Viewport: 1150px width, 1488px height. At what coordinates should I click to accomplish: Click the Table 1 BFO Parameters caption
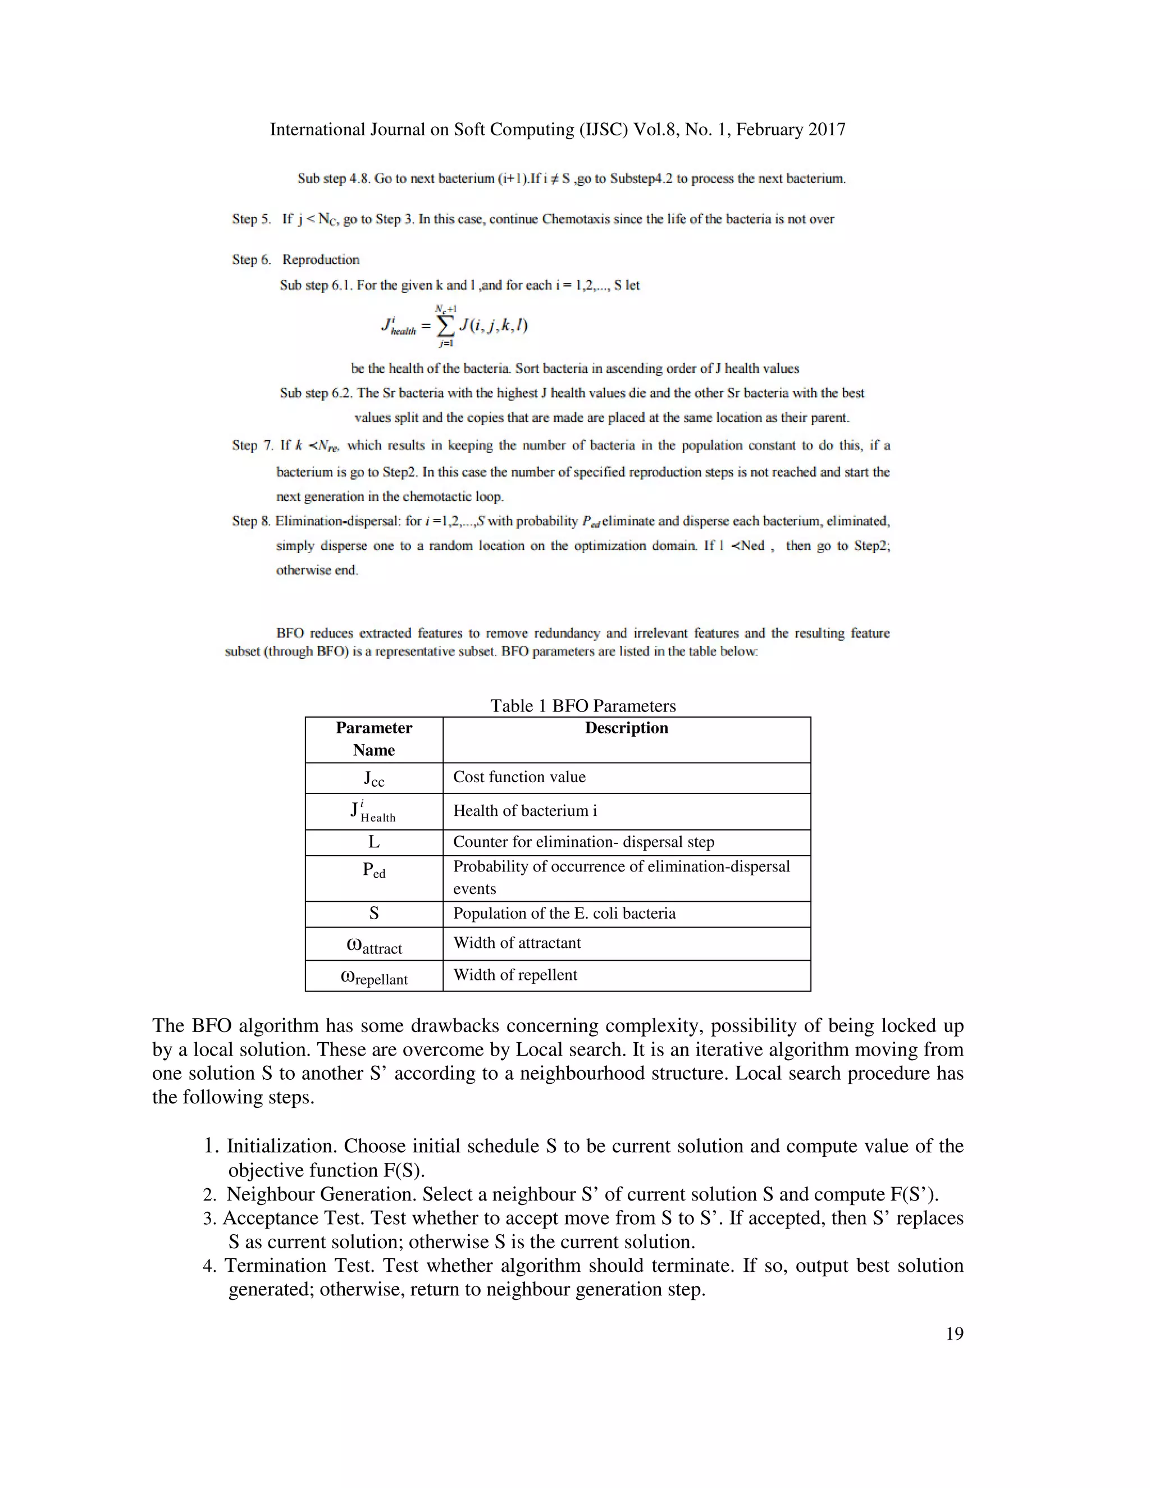[x=582, y=705]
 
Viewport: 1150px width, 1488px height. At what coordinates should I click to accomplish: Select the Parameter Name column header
[x=373, y=738]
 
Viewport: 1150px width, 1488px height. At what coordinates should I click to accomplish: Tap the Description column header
[x=626, y=728]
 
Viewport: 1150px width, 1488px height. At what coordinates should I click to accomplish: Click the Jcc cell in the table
[x=373, y=778]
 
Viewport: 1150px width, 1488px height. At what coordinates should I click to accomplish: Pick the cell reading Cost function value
[x=519, y=777]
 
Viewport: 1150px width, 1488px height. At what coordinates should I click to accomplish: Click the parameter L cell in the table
[x=373, y=842]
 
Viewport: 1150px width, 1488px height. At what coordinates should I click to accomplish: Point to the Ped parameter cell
[x=373, y=871]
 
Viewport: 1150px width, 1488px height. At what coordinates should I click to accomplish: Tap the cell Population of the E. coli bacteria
[x=564, y=913]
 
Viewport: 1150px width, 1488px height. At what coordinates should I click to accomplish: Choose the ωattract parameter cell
[x=373, y=946]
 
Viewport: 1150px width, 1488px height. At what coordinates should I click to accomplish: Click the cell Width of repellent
[x=515, y=974]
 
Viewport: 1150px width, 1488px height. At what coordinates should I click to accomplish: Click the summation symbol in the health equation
[x=445, y=326]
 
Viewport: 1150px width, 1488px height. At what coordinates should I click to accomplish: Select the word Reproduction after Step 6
[x=321, y=259]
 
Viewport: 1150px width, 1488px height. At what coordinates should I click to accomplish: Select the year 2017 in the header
[x=827, y=130]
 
